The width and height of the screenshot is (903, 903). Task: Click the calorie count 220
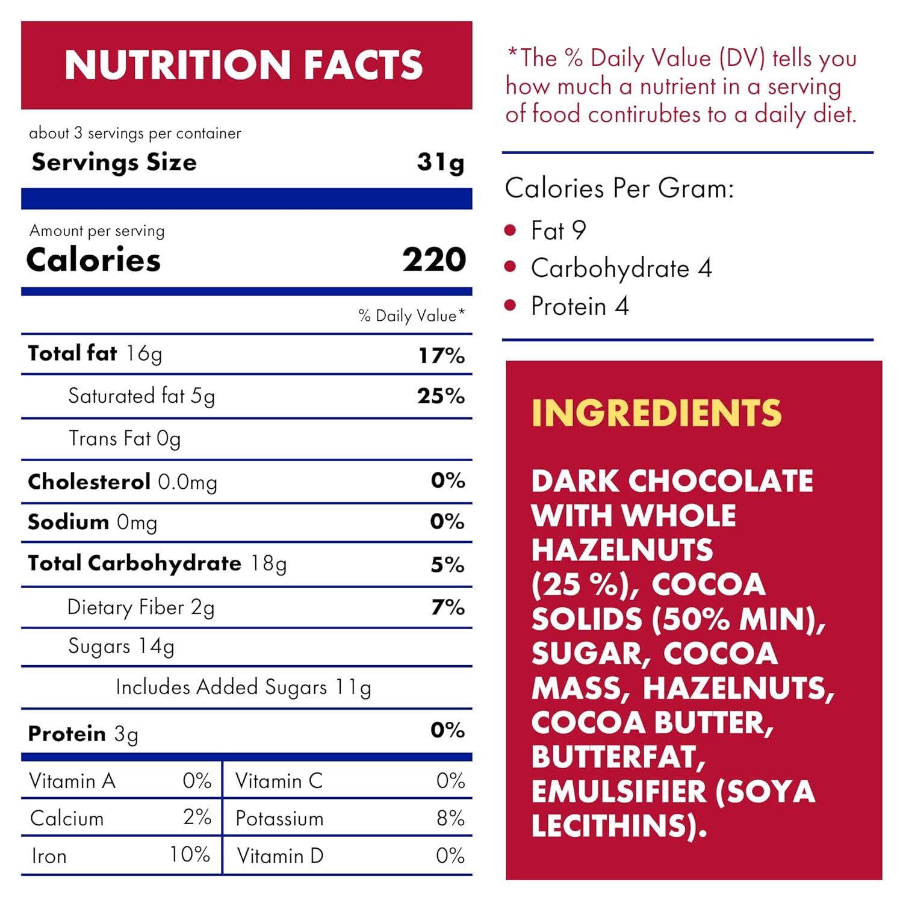click(x=434, y=260)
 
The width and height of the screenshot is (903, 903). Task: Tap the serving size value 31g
click(x=441, y=163)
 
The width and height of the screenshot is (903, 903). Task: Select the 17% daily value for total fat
click(x=441, y=355)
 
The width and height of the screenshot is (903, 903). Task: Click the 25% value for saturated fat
click(x=441, y=396)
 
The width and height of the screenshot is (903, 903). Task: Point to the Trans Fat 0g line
click(x=125, y=439)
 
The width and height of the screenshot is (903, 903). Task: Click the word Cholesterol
click(x=89, y=482)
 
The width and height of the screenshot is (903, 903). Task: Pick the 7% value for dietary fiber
click(x=448, y=607)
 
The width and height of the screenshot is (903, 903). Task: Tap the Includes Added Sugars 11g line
click(x=243, y=687)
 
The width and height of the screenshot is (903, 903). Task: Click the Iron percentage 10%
click(x=190, y=854)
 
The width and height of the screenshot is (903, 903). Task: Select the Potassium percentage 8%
click(x=450, y=818)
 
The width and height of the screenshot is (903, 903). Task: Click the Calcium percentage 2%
click(x=197, y=817)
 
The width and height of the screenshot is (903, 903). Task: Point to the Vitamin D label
click(x=280, y=855)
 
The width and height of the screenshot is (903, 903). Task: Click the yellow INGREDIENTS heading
click(x=656, y=413)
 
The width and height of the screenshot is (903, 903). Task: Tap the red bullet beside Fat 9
click(x=510, y=230)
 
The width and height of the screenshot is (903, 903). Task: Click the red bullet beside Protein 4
click(x=510, y=305)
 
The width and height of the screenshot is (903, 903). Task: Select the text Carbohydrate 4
click(x=621, y=268)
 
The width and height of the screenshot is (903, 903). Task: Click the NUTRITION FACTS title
click(x=244, y=65)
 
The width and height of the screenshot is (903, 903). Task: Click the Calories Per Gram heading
click(x=619, y=188)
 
